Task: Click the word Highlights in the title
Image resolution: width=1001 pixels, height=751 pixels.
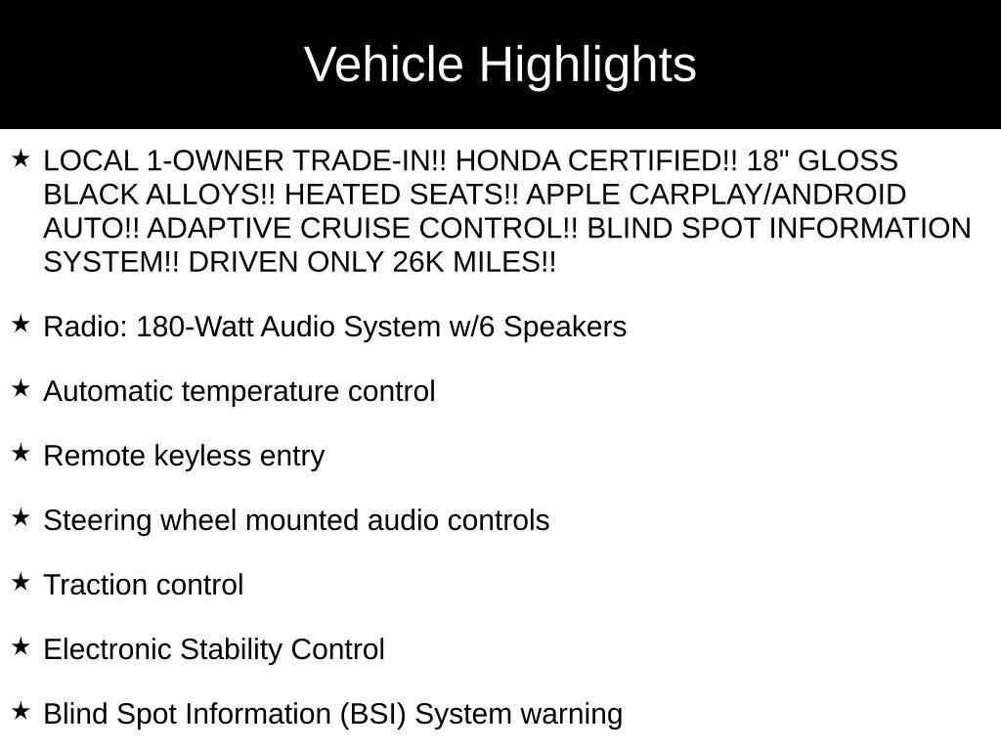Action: tap(588, 66)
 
